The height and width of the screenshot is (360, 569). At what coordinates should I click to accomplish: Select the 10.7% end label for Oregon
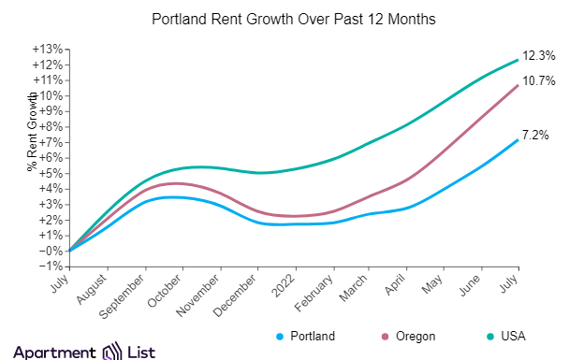click(536, 81)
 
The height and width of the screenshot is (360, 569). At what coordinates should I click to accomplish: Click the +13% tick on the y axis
click(49, 50)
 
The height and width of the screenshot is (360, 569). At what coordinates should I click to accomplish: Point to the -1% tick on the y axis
click(51, 266)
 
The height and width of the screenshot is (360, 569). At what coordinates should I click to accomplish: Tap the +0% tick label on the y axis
click(51, 251)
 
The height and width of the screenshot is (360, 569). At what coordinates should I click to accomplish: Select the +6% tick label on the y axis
click(51, 158)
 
